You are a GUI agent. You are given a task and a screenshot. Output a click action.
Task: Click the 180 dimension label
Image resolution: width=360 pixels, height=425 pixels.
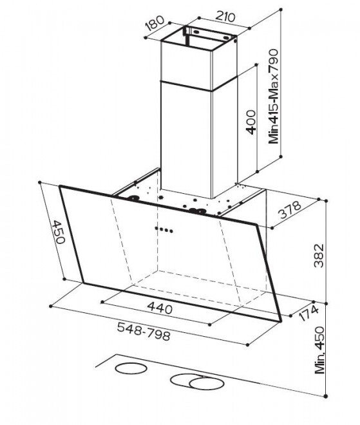[155, 23]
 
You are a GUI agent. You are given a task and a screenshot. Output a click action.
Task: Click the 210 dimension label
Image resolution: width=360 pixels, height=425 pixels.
[225, 17]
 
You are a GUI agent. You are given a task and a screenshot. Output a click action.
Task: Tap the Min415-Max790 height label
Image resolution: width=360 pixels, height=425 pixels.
[273, 96]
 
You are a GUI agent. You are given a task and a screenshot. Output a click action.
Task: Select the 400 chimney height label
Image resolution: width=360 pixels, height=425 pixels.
[251, 122]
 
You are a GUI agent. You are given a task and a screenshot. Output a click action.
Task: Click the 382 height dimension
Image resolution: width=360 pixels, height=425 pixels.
[319, 256]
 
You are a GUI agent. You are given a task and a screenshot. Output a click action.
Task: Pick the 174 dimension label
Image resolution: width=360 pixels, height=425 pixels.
[308, 313]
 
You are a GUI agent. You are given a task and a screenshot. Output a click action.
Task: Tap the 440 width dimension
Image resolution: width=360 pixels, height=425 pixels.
[160, 308]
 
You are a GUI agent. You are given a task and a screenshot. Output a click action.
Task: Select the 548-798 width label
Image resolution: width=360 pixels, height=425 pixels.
[144, 331]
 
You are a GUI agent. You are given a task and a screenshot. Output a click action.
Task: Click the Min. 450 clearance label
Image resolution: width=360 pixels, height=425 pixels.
[319, 350]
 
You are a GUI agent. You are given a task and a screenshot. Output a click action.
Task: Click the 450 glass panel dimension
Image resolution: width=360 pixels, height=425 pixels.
[59, 232]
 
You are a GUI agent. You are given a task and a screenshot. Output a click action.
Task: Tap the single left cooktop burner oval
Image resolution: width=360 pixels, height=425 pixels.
[131, 368]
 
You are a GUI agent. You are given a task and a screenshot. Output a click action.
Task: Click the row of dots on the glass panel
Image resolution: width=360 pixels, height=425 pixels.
[164, 230]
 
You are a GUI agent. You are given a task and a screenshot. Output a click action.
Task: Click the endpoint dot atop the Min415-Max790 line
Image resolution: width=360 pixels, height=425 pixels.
[281, 10]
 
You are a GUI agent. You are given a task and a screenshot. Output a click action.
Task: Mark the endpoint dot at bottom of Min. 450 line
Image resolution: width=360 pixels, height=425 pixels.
[326, 396]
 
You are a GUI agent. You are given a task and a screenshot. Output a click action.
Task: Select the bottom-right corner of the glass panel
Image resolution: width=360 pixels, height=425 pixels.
[281, 321]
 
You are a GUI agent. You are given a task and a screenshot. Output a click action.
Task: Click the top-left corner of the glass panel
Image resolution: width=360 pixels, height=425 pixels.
[60, 186]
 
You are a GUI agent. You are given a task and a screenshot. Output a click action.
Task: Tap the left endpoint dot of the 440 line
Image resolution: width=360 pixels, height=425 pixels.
[102, 301]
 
